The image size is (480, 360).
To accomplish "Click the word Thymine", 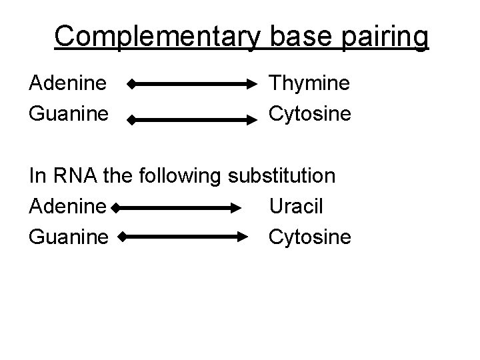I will (309, 84).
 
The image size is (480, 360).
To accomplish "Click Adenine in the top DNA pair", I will (67, 84).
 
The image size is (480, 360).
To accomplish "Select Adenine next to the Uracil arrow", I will (67, 207).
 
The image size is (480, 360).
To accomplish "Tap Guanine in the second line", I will (68, 113).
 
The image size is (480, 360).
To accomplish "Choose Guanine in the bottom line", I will (68, 236).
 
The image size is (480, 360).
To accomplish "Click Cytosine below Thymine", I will (310, 113).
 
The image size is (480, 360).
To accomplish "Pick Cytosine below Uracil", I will (310, 236).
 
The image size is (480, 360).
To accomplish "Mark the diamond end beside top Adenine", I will (131, 85).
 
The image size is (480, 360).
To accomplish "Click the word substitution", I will (282, 176).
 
